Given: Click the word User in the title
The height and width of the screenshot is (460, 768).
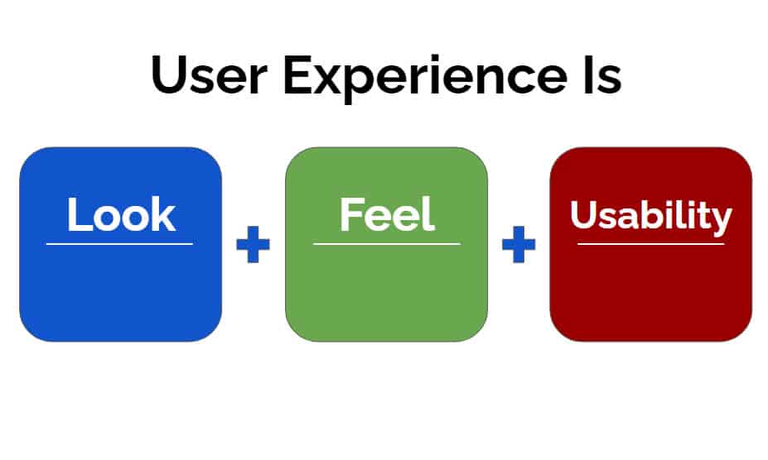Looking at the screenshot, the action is pos(210,74).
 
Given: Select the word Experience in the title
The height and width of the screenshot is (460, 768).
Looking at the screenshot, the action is pos(425,79).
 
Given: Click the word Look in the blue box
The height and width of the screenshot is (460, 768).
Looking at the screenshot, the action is pos(121,214).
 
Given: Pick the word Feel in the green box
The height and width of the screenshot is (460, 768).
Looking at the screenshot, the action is pos(387,213).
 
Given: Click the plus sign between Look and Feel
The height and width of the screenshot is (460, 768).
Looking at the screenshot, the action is pos(253,244).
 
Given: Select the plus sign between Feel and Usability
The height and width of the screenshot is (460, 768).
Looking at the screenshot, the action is pos(519,244).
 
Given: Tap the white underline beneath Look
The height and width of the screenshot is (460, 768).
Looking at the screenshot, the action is pos(120,244).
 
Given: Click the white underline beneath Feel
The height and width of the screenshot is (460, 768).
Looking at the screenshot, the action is pos(386,244).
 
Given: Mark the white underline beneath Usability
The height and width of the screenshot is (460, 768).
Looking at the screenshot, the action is pos(651,244).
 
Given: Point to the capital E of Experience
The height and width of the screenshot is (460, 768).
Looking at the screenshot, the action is pos(297,74).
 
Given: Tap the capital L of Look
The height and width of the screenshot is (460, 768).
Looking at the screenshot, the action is pos(79,214).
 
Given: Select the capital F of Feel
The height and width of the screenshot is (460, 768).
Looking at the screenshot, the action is pos(352,213).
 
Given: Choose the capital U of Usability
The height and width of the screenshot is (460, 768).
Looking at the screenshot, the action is pos(583,214).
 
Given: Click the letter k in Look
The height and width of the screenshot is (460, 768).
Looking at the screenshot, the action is pos(163,214).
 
